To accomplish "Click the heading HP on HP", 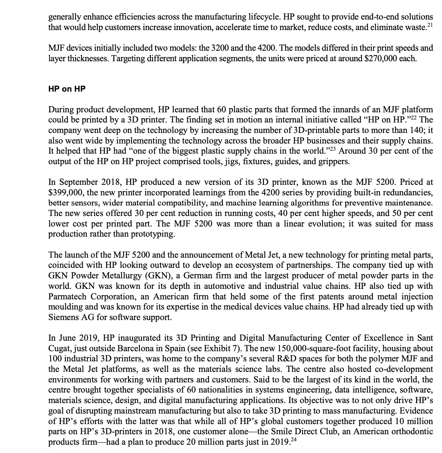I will pos(67,89).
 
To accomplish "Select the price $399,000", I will pos(65,193).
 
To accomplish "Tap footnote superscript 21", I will pos(430,24).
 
